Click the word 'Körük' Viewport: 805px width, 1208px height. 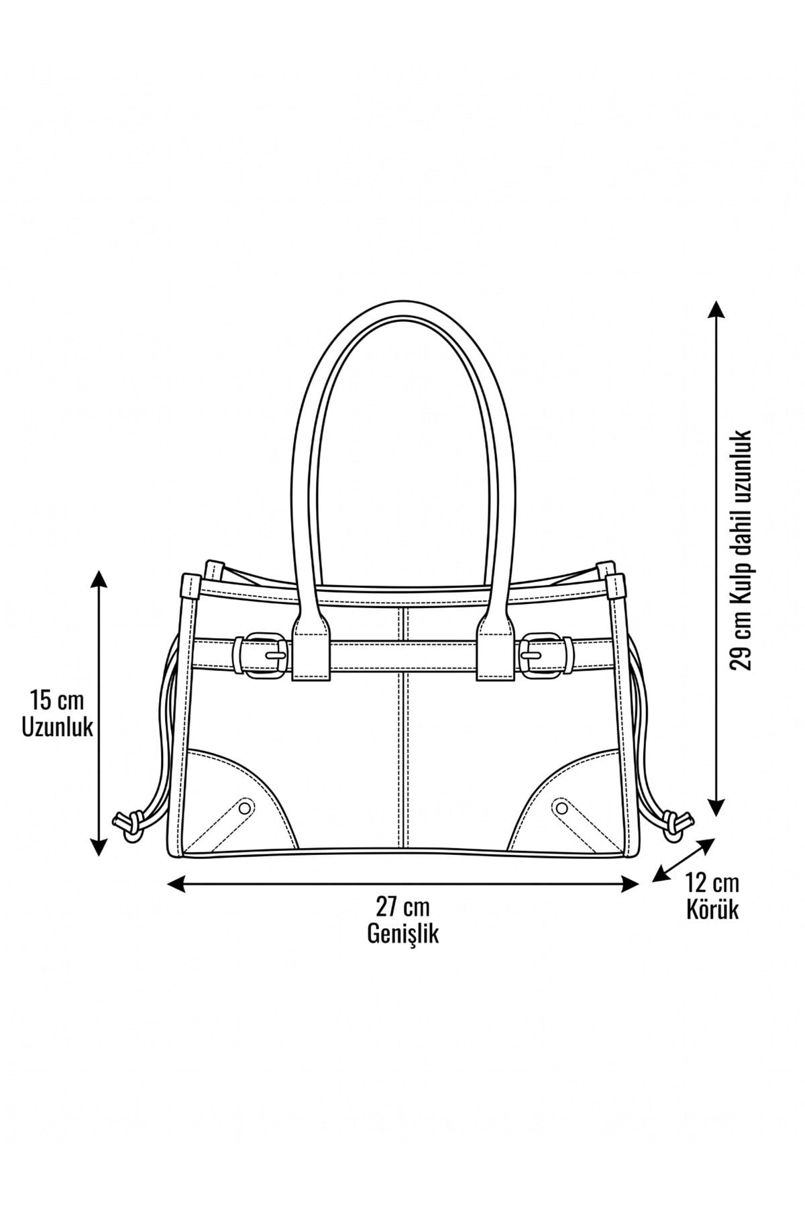click(x=712, y=909)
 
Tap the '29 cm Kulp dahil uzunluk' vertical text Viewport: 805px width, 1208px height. click(x=742, y=550)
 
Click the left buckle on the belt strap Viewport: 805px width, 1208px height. click(x=263, y=654)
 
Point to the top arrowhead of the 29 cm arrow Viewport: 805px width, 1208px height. click(x=716, y=310)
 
